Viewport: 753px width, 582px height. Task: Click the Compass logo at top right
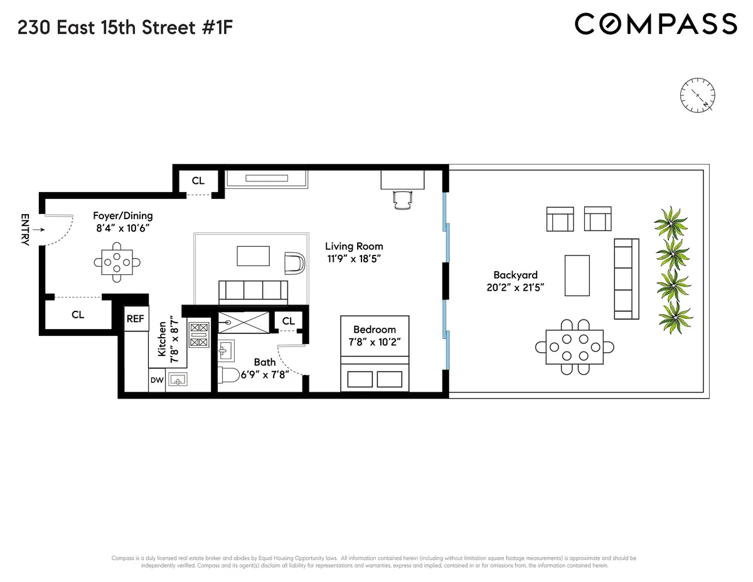click(x=656, y=24)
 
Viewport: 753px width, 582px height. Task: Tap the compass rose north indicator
click(x=697, y=95)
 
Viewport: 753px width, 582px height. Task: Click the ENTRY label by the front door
click(x=25, y=230)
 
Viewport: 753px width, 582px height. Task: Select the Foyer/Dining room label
click(x=122, y=215)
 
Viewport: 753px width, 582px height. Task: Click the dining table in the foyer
click(x=117, y=261)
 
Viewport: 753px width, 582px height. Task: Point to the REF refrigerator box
click(x=136, y=319)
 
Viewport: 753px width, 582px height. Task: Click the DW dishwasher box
click(x=156, y=380)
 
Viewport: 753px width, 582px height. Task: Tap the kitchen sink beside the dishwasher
click(x=178, y=380)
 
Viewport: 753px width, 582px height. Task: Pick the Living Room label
click(x=353, y=246)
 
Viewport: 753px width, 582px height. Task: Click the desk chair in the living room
click(x=402, y=199)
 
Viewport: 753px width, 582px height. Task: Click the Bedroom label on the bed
click(x=374, y=330)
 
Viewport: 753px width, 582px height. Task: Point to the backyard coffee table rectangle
click(x=577, y=275)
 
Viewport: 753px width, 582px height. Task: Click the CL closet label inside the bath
click(x=288, y=321)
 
